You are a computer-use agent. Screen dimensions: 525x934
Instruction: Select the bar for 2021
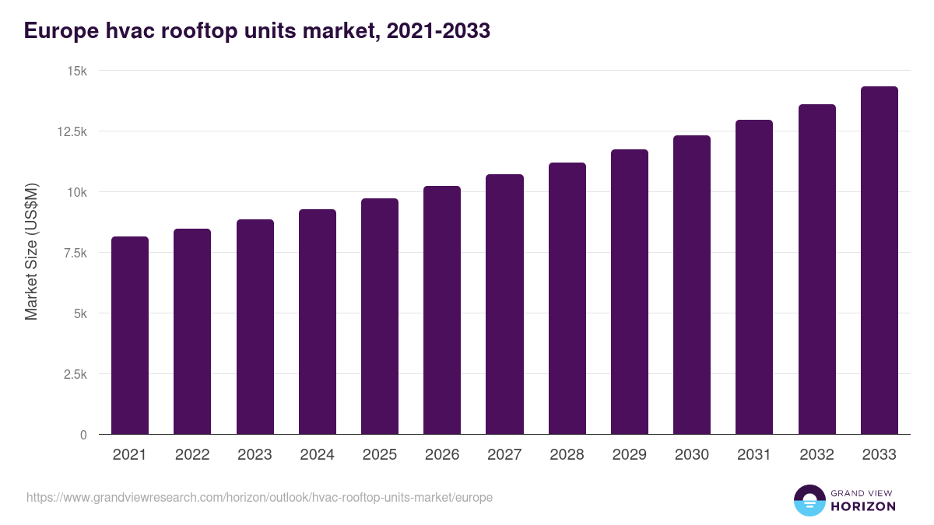point(130,335)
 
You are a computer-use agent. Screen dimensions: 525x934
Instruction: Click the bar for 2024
point(318,322)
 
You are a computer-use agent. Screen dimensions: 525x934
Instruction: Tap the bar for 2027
point(504,304)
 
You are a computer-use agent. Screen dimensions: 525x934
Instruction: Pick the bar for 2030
point(692,285)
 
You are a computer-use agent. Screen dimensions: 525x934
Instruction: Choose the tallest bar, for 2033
point(879,261)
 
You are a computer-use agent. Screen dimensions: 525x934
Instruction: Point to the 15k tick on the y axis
point(76,71)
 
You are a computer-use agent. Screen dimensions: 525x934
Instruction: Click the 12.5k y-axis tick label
point(72,131)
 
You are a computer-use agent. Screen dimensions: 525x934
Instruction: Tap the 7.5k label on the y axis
point(75,253)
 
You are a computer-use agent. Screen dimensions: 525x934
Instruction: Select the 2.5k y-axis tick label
point(75,374)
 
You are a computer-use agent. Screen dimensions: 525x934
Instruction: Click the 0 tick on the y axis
point(83,435)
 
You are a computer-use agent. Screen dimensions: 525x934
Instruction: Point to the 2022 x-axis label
point(192,455)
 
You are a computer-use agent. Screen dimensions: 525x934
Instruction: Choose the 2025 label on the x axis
point(380,455)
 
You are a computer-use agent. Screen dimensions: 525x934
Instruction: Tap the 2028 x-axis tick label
point(567,455)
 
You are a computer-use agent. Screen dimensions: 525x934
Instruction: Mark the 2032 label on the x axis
point(816,455)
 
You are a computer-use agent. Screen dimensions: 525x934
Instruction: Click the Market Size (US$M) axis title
point(31,252)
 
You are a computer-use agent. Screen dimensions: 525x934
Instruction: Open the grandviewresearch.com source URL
point(259,497)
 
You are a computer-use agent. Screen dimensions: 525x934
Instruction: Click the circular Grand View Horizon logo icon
point(809,501)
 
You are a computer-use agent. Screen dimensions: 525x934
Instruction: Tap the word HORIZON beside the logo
point(862,506)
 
